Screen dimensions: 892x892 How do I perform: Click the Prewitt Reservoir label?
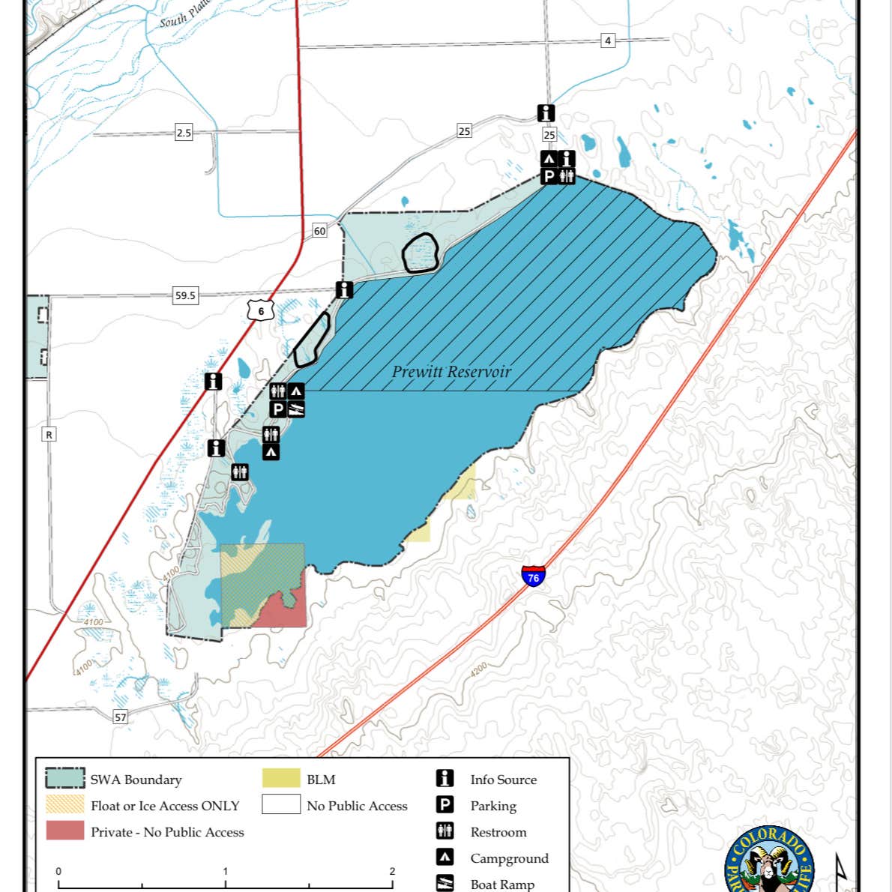451,372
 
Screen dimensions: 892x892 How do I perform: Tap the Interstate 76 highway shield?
533,576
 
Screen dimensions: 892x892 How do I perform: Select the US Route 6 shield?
261,310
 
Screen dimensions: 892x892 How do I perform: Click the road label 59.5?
185,295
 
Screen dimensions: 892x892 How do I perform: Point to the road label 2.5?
184,133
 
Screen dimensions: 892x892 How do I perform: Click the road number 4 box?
608,40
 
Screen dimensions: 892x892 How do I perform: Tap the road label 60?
320,231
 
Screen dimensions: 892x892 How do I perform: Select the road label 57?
121,717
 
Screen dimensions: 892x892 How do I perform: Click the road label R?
49,435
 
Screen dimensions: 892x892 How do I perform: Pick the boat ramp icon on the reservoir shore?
297,409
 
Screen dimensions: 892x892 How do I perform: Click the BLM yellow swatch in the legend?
281,779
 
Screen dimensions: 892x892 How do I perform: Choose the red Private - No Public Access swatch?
65,831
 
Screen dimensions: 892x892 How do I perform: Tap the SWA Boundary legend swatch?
65,778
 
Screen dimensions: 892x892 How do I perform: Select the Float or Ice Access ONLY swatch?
65,804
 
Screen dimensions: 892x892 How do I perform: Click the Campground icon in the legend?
445,857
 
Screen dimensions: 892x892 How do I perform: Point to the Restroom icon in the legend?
445,831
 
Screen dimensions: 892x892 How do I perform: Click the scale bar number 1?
226,871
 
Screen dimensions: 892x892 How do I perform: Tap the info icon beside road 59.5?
344,289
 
